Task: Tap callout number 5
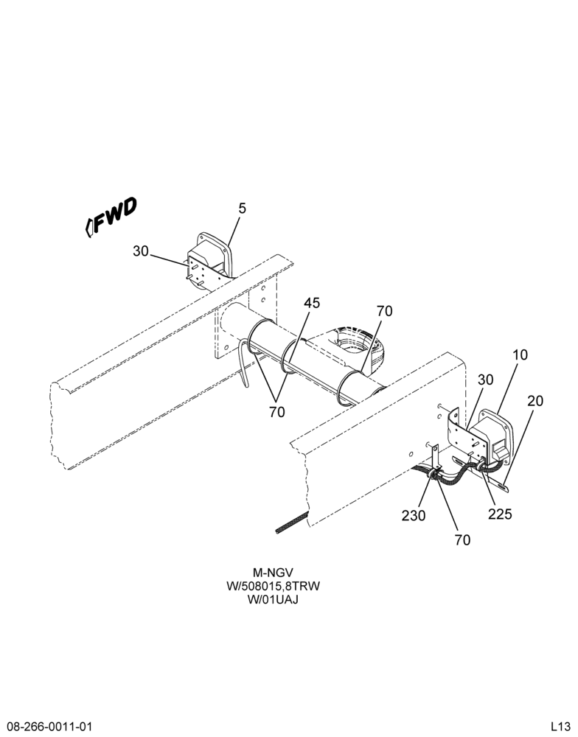pyautogui.click(x=243, y=209)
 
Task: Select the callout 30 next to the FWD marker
pyautogui.click(x=141, y=251)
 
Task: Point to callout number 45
pyautogui.click(x=312, y=303)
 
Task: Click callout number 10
pyautogui.click(x=520, y=355)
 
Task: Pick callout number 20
pyautogui.click(x=535, y=401)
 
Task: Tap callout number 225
pyautogui.click(x=500, y=514)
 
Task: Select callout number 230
pyautogui.click(x=414, y=516)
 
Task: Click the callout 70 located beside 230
pyautogui.click(x=463, y=540)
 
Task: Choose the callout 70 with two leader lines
pyautogui.click(x=277, y=412)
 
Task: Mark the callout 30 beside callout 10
pyautogui.click(x=485, y=380)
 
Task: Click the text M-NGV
pyautogui.click(x=274, y=573)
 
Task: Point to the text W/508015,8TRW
pyautogui.click(x=274, y=586)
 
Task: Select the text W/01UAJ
pyautogui.click(x=274, y=600)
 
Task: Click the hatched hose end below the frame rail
pyautogui.click(x=292, y=522)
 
